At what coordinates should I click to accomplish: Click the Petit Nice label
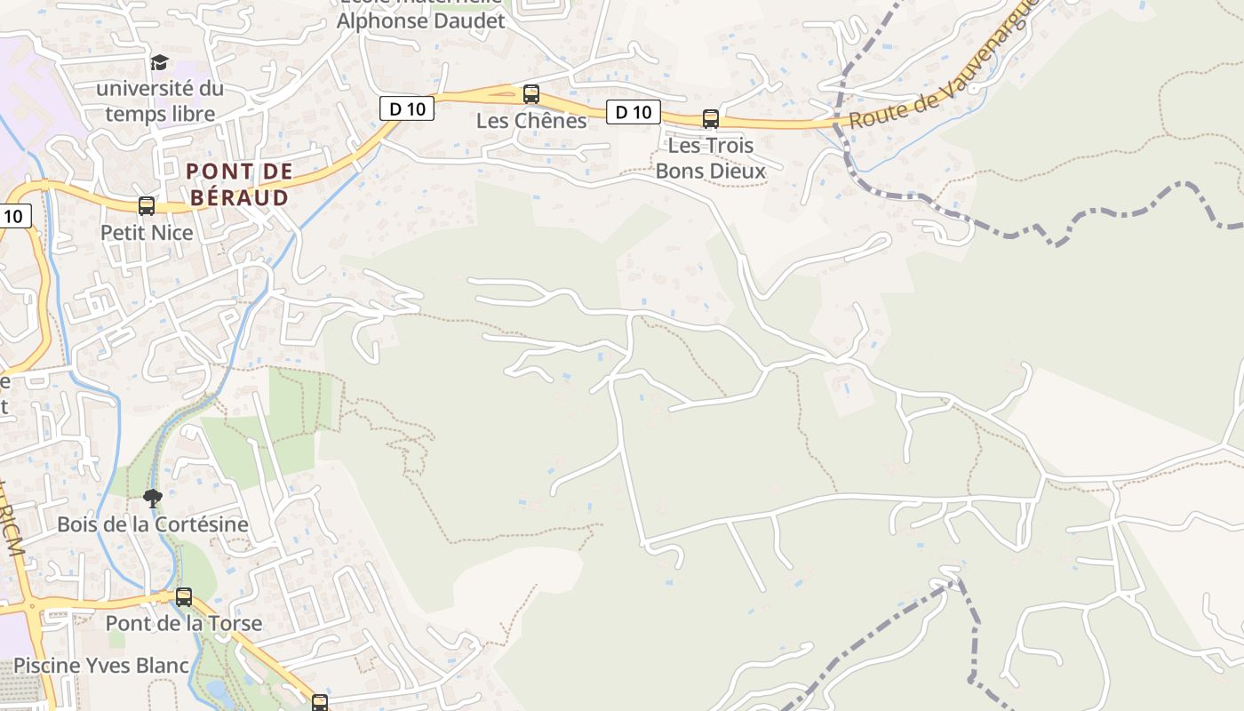(147, 233)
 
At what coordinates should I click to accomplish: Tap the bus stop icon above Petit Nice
(147, 206)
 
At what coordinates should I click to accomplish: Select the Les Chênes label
(531, 121)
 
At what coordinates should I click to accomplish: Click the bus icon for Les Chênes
(531, 93)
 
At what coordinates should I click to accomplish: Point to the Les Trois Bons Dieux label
(710, 158)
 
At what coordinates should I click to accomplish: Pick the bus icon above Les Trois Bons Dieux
(710, 118)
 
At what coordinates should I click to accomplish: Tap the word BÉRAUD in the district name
(238, 197)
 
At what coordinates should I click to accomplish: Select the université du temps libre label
(160, 101)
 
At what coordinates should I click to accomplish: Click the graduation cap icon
(159, 61)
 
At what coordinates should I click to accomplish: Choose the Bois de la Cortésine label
(153, 524)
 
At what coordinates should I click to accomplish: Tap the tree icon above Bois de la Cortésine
(153, 498)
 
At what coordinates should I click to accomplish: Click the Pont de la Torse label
(184, 623)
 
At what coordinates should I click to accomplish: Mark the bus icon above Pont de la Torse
(184, 597)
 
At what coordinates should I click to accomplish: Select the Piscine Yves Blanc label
(101, 666)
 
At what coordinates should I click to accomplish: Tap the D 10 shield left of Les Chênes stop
(407, 108)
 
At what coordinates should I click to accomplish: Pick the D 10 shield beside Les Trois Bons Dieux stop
(634, 112)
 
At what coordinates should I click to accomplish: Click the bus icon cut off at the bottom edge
(320, 703)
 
